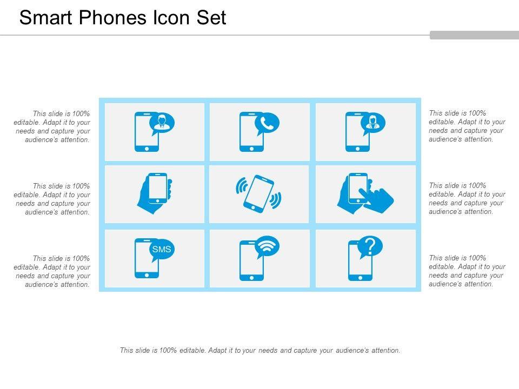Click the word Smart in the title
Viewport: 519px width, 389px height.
coord(45,17)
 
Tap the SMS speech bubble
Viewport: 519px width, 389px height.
coord(162,250)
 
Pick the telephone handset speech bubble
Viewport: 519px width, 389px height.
coord(267,124)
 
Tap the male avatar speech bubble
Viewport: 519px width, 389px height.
coord(162,124)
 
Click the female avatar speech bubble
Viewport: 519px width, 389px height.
coord(372,124)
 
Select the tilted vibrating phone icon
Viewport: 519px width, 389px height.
coord(258,194)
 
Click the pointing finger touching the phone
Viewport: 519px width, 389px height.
coord(377,198)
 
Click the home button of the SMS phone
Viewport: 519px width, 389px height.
coord(147,275)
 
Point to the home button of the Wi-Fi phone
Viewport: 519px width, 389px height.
coord(251,278)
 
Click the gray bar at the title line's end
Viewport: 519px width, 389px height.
coord(474,35)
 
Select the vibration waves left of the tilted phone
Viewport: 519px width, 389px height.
coord(241,185)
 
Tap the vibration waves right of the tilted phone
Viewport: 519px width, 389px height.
coord(276,200)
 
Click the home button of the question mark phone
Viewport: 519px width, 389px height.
coord(360,278)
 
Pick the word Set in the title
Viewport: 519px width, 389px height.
coord(211,17)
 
